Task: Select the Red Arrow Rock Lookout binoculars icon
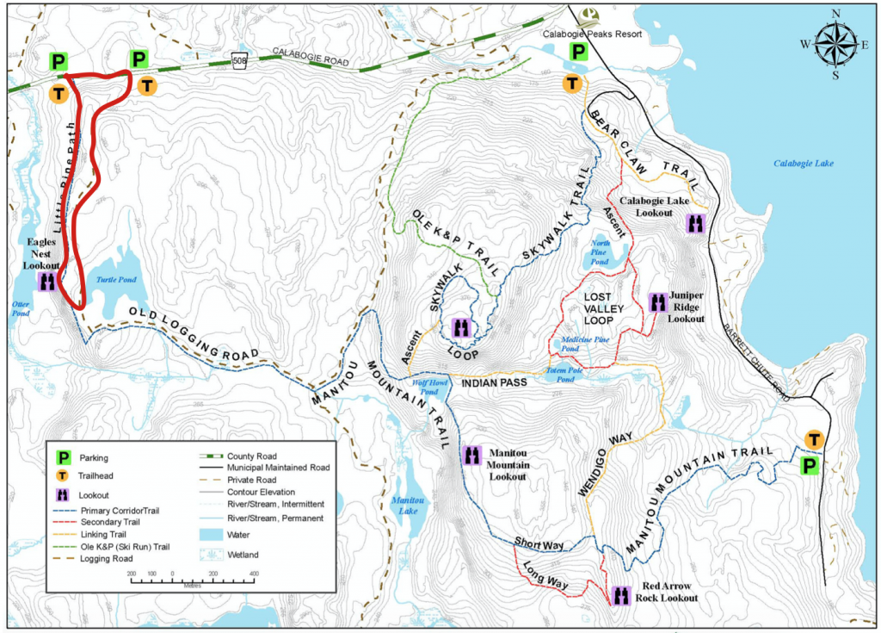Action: coord(620,593)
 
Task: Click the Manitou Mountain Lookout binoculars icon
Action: coord(471,454)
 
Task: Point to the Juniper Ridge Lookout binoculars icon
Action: coord(657,302)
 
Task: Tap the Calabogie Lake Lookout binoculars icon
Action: coord(696,224)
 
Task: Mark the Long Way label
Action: coord(543,576)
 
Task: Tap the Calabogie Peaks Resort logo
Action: coord(589,15)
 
